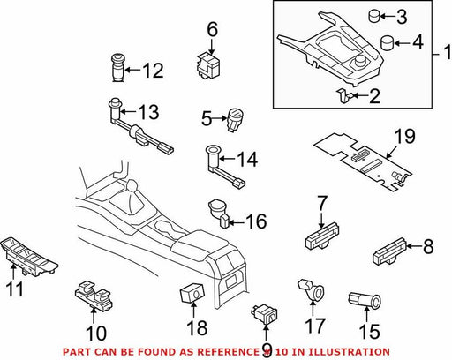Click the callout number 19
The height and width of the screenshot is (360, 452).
point(404,136)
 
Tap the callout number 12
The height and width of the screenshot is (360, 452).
point(153,71)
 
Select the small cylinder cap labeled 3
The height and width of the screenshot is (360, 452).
point(374,16)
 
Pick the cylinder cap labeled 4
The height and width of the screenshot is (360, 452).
point(388,43)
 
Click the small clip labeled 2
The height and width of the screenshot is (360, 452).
point(343,96)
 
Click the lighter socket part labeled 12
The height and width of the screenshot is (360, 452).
point(118,68)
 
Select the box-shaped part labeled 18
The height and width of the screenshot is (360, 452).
point(192,292)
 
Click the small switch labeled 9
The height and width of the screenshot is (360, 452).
point(264,315)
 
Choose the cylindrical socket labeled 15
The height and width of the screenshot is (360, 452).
point(365,300)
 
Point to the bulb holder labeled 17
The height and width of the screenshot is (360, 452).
point(312,289)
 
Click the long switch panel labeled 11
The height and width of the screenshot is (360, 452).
point(29,257)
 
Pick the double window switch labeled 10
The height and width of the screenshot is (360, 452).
point(93,296)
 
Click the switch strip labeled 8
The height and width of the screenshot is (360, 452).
point(390,251)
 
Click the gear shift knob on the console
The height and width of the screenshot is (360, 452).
point(132,186)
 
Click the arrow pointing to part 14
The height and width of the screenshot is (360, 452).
point(227,159)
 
